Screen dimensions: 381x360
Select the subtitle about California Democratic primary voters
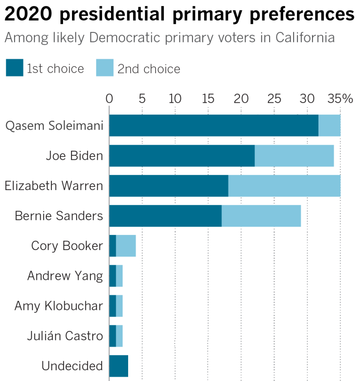coord(169,38)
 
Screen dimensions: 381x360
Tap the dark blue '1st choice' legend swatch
coord(14,68)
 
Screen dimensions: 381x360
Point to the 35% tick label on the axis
coord(340,99)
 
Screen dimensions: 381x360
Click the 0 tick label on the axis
coord(109,99)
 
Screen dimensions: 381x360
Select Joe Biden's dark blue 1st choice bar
coord(182,155)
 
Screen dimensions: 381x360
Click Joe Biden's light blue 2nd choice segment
coord(294,155)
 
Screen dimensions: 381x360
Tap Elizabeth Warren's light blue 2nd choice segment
coord(284,185)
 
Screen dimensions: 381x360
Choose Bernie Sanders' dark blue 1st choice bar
coord(165,215)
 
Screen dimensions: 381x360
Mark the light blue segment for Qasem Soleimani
coord(329,125)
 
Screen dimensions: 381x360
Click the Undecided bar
coord(119,366)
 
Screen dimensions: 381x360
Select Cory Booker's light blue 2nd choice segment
coord(126,246)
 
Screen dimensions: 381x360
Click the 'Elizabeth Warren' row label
coord(54,185)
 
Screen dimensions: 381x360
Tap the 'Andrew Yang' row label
coord(65,276)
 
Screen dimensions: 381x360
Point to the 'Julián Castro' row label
coord(65,336)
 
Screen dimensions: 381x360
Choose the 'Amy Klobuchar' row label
coord(59,306)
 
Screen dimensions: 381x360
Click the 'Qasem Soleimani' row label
coord(54,125)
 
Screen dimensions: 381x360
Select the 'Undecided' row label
coord(72,366)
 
